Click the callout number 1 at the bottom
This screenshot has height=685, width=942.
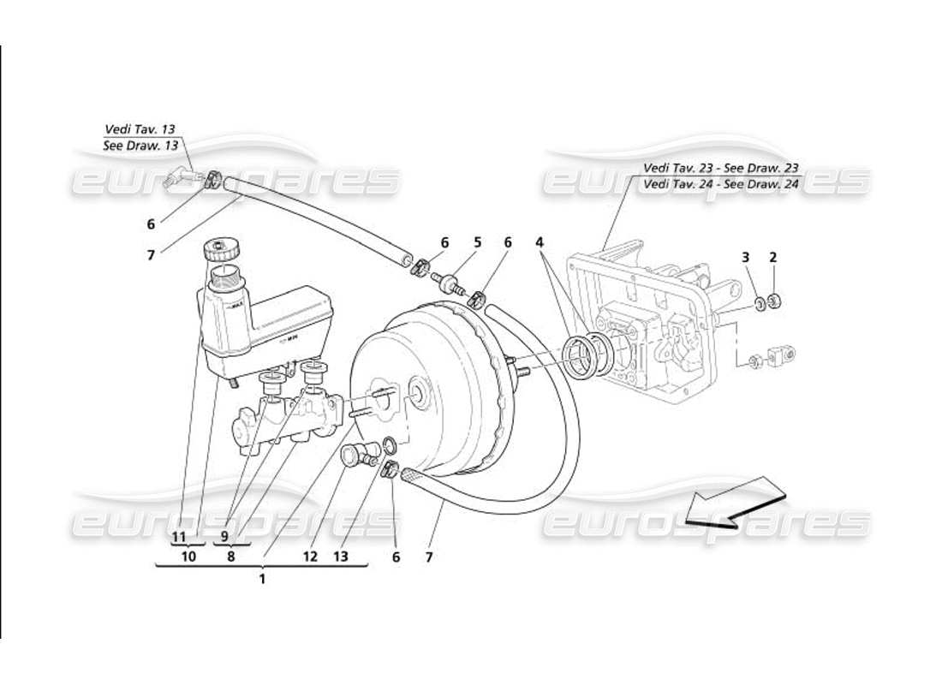coord(262,578)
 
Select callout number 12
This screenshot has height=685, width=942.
coord(310,557)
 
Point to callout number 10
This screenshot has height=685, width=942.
coord(188,557)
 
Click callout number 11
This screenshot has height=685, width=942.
coord(178,537)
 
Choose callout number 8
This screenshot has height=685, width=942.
coord(230,557)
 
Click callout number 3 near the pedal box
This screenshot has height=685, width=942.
coord(745,257)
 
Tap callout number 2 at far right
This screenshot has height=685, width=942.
coord(772,257)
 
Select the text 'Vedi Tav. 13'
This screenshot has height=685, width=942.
coord(140,129)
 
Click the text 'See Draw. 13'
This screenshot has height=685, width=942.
coord(140,146)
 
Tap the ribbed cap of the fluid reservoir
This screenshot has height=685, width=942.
coord(222,252)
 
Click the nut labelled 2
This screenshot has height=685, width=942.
coord(774,301)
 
